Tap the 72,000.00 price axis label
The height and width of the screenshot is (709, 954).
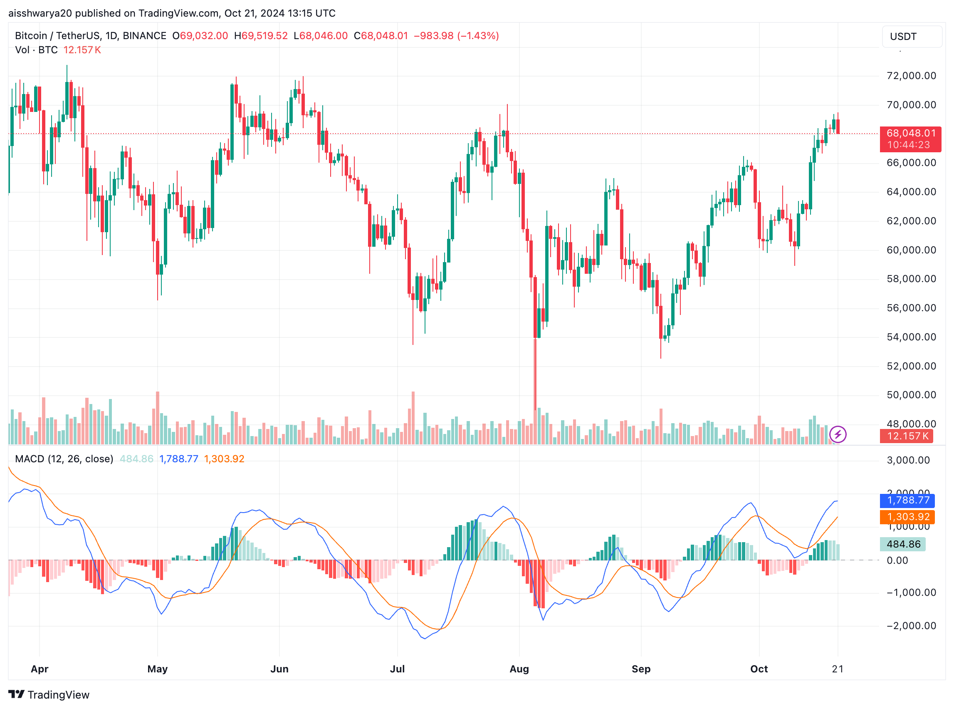tap(911, 76)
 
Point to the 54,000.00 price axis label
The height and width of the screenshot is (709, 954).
tap(911, 337)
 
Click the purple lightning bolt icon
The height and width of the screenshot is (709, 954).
tap(837, 434)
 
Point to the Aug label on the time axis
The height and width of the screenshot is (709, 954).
tap(519, 669)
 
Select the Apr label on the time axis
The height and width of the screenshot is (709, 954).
tap(40, 669)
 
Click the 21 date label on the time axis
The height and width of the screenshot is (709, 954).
tap(837, 669)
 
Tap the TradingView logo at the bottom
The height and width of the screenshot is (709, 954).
tap(49, 694)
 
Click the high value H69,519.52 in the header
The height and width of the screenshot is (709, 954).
tap(260, 36)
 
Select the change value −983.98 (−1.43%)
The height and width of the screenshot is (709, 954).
tap(455, 36)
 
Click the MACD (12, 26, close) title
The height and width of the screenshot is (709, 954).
tap(64, 459)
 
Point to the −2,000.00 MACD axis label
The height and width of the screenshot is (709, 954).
tap(911, 625)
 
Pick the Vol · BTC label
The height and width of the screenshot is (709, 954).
tap(36, 50)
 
